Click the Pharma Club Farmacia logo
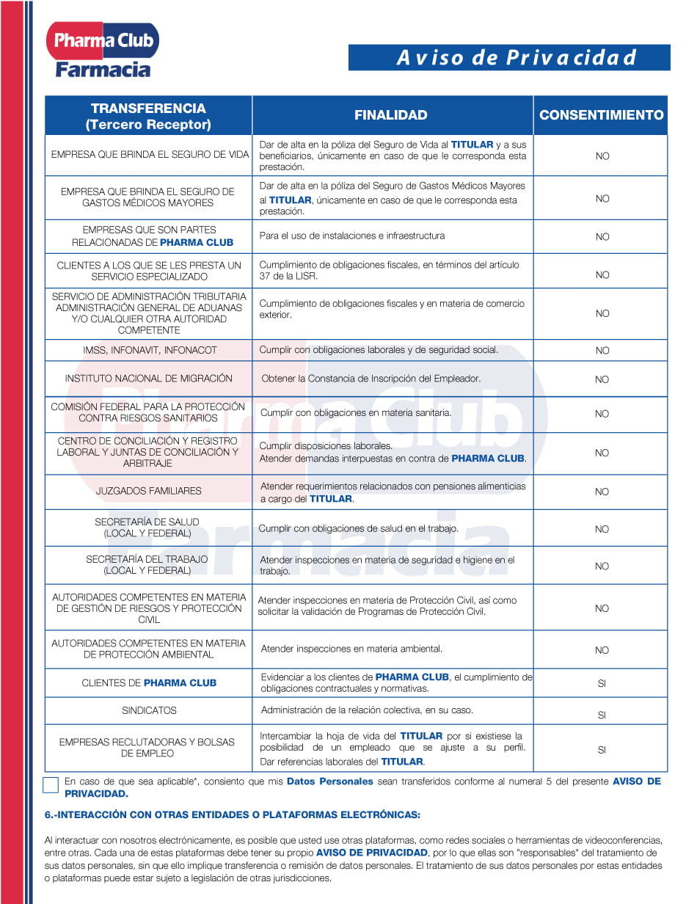click(x=103, y=50)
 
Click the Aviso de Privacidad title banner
click(x=509, y=57)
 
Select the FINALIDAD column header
click(x=391, y=115)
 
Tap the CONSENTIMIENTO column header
click(x=601, y=115)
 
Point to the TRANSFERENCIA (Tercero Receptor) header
click(x=148, y=116)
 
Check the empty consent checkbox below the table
click(x=51, y=784)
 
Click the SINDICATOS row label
click(x=149, y=710)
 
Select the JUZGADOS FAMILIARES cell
click(x=148, y=491)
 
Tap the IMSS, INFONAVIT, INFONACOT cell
click(x=150, y=350)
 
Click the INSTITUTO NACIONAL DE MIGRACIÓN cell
click(x=148, y=379)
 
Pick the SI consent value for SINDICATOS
click(x=602, y=715)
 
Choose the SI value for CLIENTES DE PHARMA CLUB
click(x=602, y=683)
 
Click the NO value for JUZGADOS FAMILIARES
click(x=602, y=492)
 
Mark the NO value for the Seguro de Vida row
click(x=602, y=156)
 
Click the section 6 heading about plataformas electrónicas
click(x=233, y=814)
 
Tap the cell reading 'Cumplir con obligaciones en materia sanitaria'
click(x=356, y=413)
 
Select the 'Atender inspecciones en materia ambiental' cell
click(x=351, y=649)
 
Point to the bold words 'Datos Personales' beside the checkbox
click(x=329, y=781)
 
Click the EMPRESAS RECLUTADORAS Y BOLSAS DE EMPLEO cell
click(x=147, y=748)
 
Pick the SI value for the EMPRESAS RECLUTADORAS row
click(x=602, y=750)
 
